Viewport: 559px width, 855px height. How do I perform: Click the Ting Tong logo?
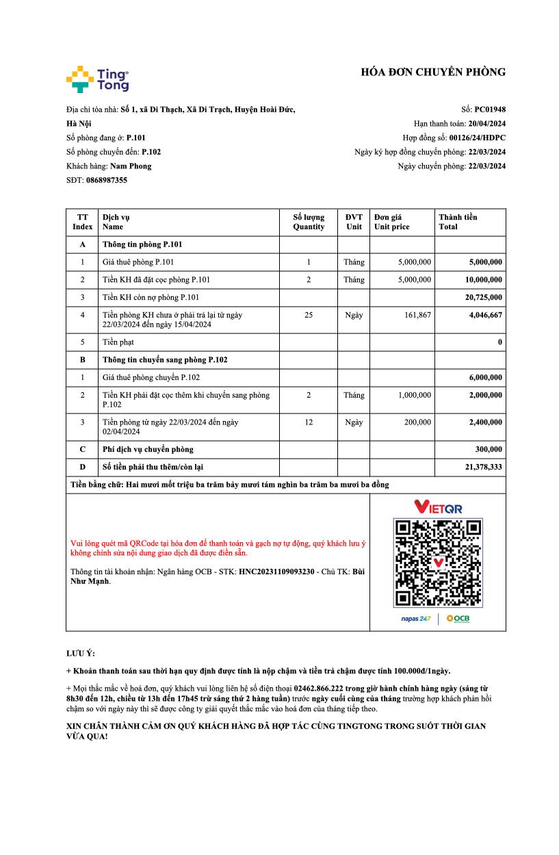[x=97, y=79]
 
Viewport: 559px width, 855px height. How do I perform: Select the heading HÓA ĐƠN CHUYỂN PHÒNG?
[x=433, y=72]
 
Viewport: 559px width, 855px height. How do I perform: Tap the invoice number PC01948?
[x=490, y=109]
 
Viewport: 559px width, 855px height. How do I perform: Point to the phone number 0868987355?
[x=106, y=180]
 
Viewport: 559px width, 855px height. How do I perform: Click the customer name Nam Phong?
[x=131, y=166]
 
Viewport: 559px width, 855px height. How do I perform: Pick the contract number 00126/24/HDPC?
[x=477, y=138]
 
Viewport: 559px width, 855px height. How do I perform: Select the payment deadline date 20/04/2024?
[x=486, y=123]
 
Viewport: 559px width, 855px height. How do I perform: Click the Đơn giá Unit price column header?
[x=392, y=222]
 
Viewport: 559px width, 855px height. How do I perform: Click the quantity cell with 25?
[x=309, y=315]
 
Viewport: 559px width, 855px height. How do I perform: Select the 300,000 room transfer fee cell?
[x=488, y=449]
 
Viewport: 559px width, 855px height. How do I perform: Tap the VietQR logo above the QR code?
[x=438, y=507]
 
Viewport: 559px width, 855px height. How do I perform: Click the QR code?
[x=438, y=563]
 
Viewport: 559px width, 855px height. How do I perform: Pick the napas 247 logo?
[x=415, y=619]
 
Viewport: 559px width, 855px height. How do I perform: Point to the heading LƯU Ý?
[x=81, y=653]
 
